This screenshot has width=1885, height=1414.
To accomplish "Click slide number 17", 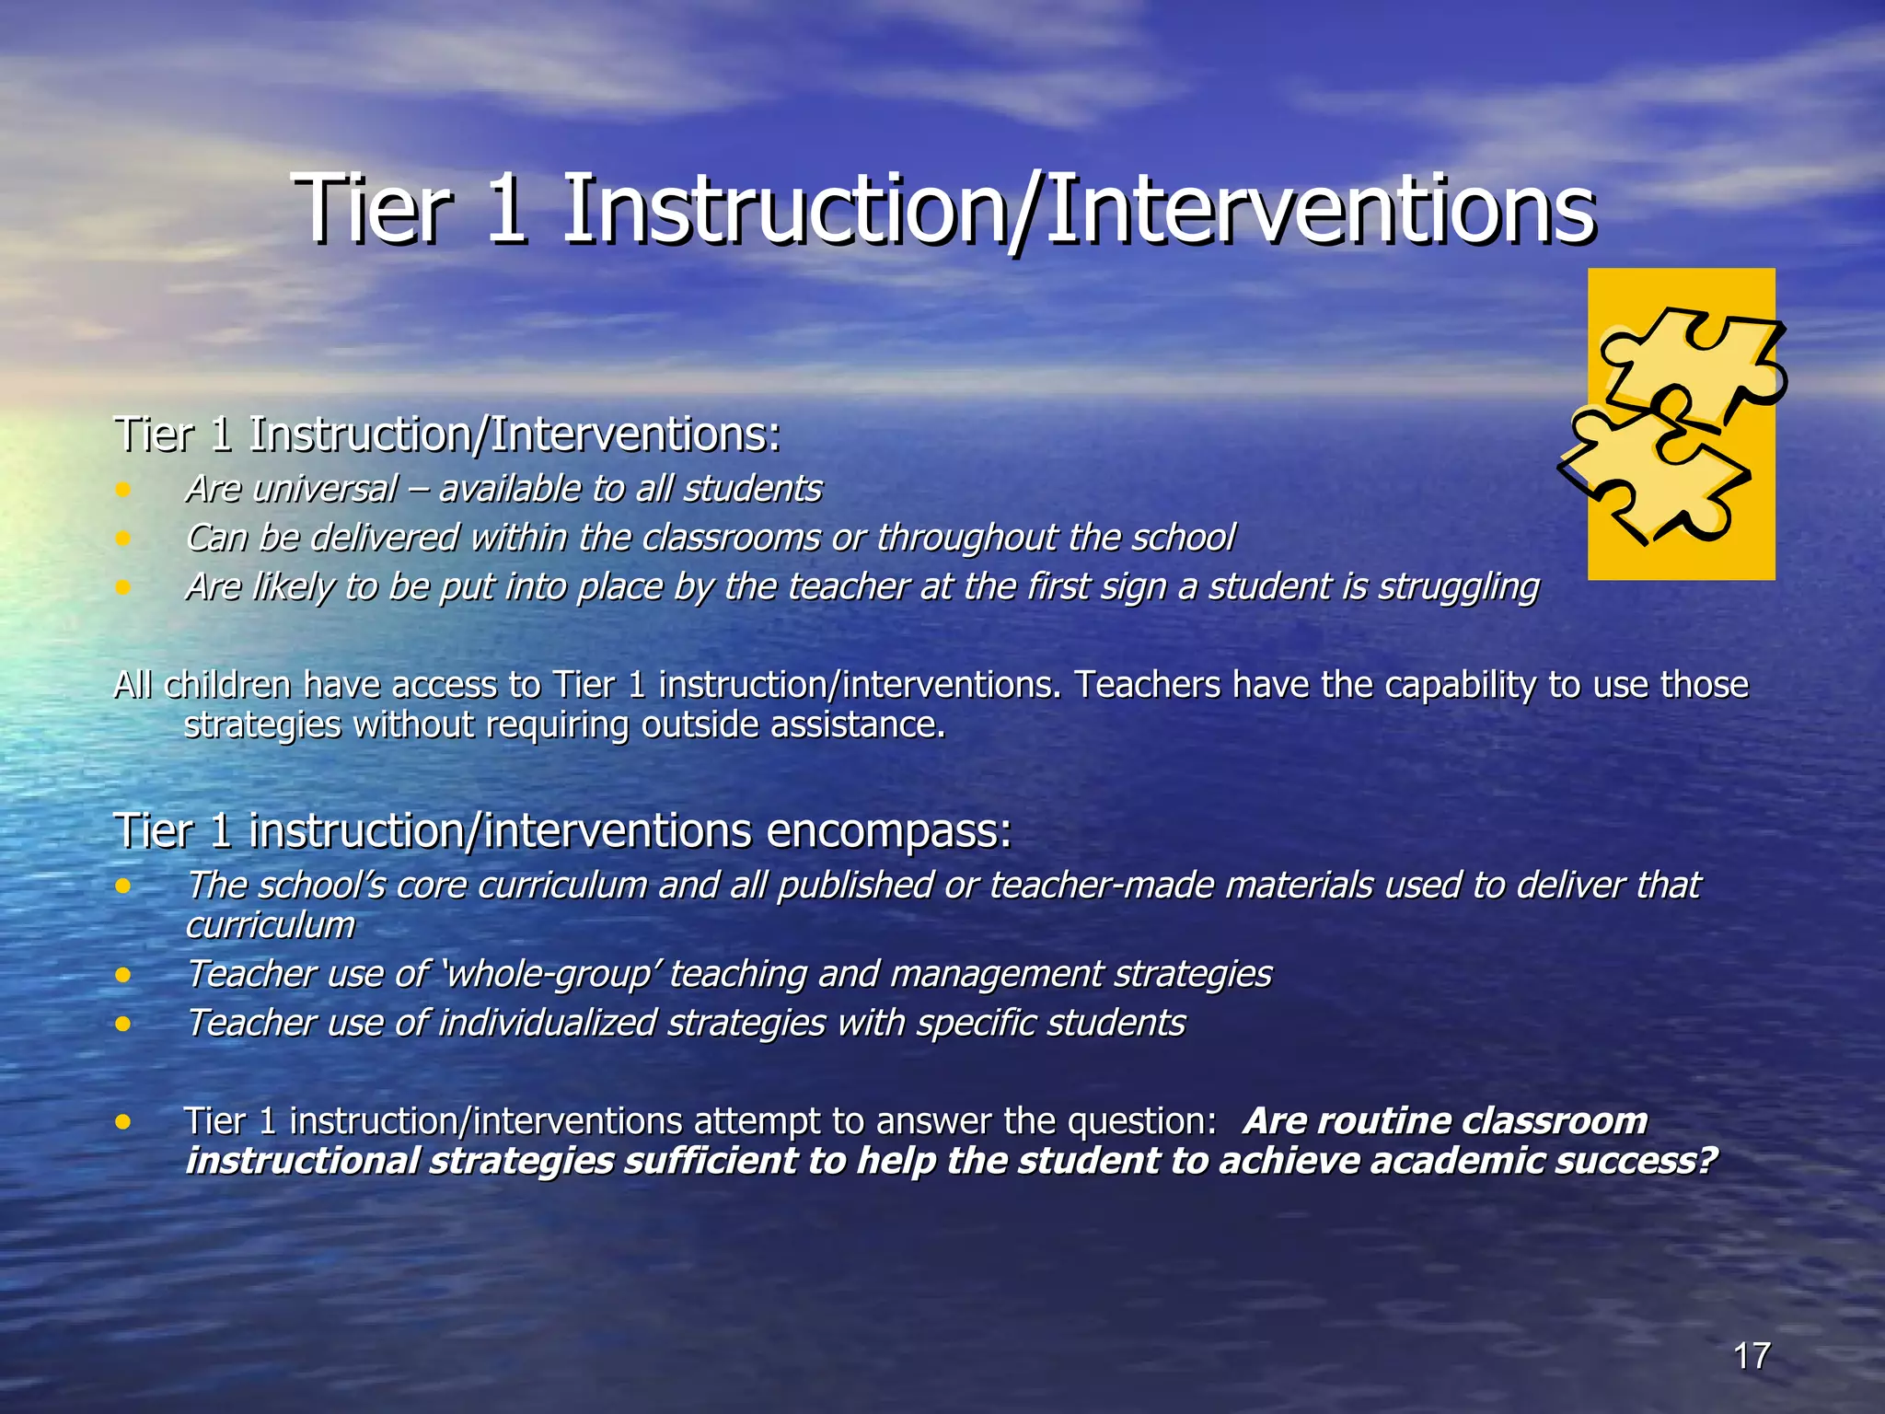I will point(1752,1356).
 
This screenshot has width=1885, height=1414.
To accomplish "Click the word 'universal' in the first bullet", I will point(325,489).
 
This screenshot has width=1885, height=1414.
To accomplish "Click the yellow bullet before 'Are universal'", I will point(123,489).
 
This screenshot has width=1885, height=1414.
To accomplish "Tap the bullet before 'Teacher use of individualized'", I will point(123,1024).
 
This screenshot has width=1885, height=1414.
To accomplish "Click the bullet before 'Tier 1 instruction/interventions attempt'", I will point(123,1122).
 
